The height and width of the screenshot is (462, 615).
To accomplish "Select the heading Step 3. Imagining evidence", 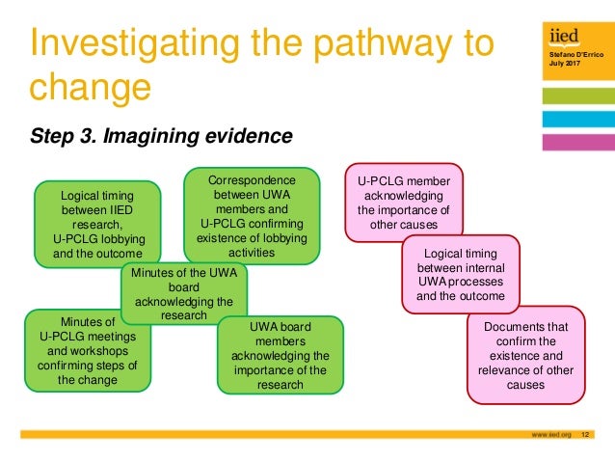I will tap(160, 136).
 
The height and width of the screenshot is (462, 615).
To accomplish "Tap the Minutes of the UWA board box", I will tap(183, 293).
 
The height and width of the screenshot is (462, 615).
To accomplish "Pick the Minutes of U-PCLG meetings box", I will tap(88, 350).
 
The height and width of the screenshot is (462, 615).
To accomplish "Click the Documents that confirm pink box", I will tap(525, 355).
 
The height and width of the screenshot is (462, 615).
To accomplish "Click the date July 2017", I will tap(560, 67).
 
